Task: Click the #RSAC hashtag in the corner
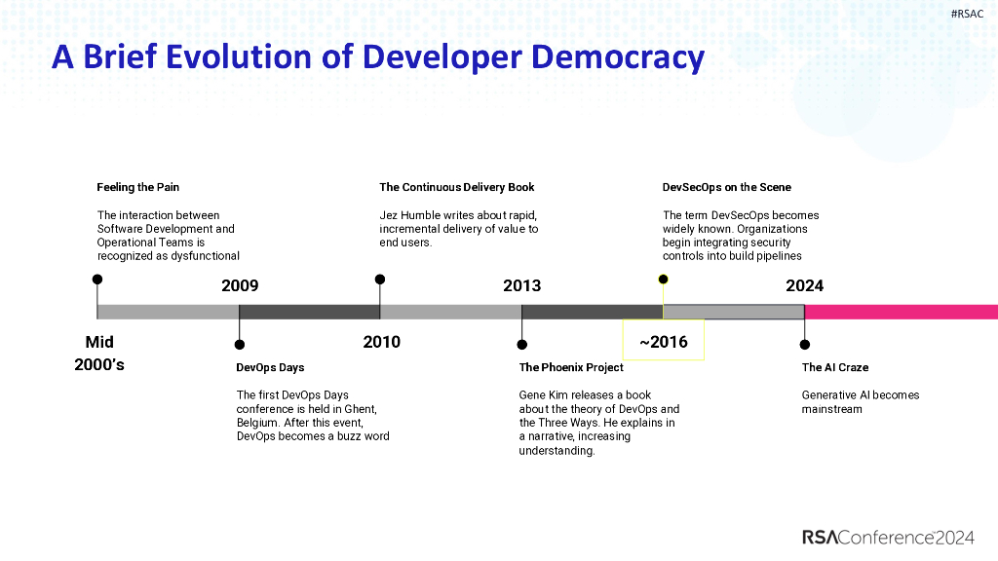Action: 966,14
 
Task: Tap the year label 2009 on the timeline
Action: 240,285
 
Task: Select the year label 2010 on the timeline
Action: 382,342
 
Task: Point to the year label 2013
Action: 521,285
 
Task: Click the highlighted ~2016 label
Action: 664,342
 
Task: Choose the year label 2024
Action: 804,285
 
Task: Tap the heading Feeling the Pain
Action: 137,187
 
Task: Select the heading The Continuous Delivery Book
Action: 456,187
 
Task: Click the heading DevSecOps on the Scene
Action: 726,187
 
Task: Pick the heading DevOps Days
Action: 270,367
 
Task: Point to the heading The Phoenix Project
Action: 570,367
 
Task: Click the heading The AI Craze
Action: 834,367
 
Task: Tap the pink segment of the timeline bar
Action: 901,312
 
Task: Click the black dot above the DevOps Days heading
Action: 240,345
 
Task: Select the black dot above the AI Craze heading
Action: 804,345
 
